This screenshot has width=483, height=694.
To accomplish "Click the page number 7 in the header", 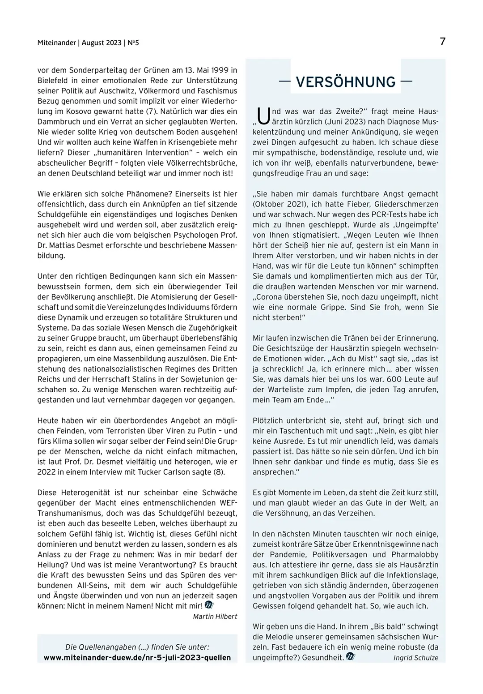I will pyautogui.click(x=442, y=42).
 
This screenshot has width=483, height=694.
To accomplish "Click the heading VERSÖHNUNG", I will pyautogui.click(x=346, y=82).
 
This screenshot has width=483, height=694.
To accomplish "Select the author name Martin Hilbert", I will pyautogui.click(x=215, y=617).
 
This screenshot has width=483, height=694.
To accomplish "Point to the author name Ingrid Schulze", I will pyautogui.click(x=416, y=658).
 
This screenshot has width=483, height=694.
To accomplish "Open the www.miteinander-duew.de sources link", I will pyautogui.click(x=137, y=657).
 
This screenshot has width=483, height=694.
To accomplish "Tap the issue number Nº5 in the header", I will pyautogui.click(x=133, y=43).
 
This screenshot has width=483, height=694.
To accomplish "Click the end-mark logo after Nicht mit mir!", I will pyautogui.click(x=209, y=606).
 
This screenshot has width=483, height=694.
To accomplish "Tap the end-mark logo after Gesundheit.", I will pyautogui.click(x=350, y=657).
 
